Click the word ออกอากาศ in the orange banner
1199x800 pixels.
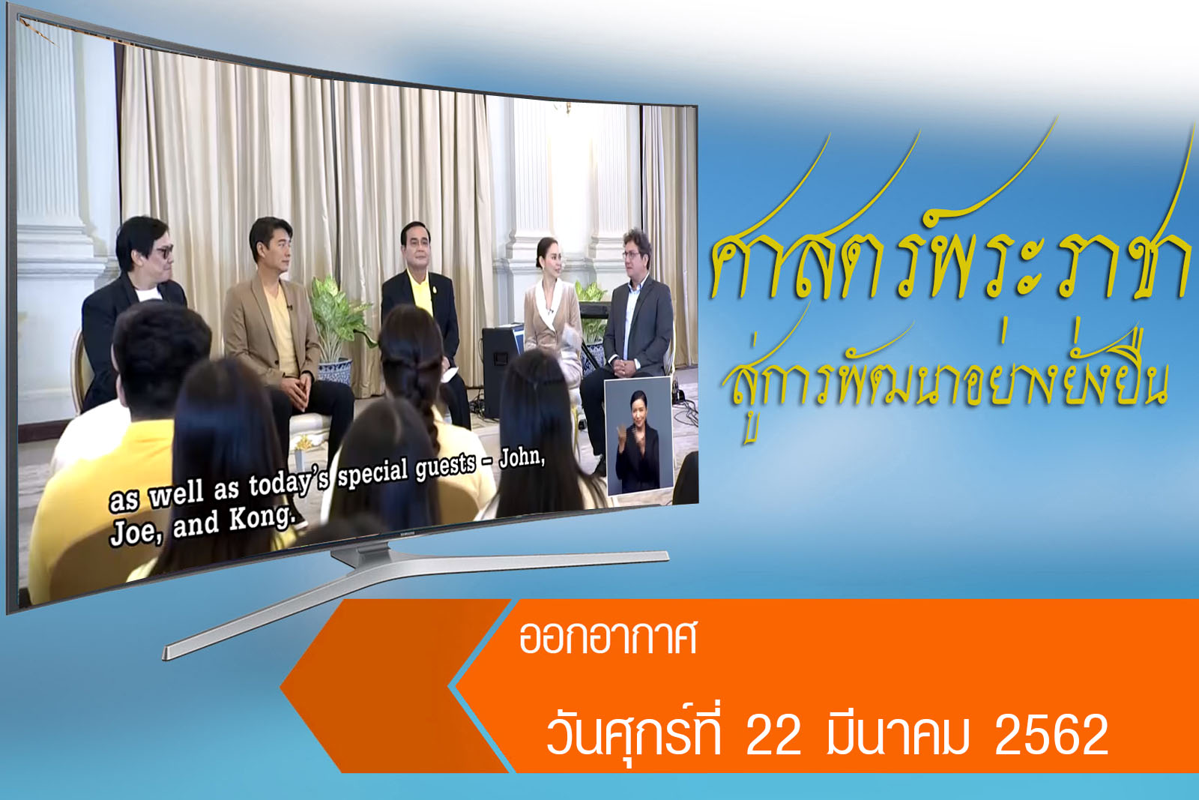608,638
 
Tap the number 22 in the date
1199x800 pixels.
773,735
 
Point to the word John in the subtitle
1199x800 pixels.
522,458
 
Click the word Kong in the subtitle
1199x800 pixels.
262,518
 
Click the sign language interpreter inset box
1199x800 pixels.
638,436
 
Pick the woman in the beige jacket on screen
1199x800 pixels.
552,310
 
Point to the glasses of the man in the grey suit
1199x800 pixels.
632,256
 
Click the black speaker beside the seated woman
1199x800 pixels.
501,370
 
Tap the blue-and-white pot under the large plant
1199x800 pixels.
334,370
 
